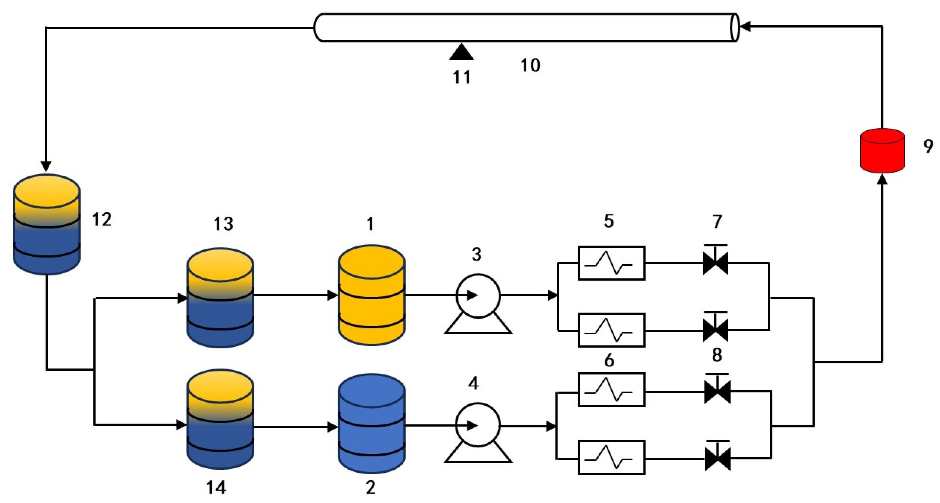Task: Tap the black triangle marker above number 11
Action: coord(462,52)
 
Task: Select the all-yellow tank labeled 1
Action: coord(371,295)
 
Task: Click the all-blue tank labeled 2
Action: coord(371,423)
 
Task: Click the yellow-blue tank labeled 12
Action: coord(46,224)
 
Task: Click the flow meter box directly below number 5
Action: coord(611,263)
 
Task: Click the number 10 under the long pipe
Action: coord(530,66)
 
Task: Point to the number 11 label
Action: coord(462,77)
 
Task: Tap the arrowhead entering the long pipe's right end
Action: coord(744,26)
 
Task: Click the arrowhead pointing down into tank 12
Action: coord(46,166)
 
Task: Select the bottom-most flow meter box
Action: coord(611,457)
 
